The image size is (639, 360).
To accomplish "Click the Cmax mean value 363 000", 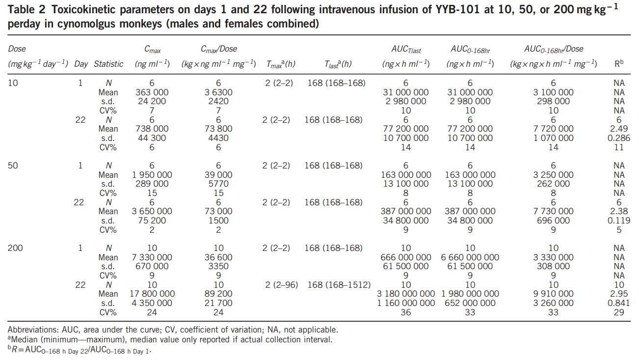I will (152, 92).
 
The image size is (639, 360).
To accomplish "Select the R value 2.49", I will (619, 129).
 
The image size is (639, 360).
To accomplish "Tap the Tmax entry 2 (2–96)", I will (282, 285).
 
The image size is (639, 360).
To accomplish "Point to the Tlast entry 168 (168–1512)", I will (339, 285).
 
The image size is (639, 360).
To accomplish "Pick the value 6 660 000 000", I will (470, 257).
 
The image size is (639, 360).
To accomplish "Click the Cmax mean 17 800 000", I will (152, 294).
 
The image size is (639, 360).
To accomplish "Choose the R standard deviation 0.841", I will (619, 303).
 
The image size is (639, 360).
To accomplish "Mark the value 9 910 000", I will (553, 294).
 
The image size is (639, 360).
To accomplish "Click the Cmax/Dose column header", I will (218, 49).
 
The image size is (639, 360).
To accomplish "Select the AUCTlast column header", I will (406, 49).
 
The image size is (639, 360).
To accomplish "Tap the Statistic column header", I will (108, 64).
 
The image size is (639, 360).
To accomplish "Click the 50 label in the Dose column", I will (13, 166).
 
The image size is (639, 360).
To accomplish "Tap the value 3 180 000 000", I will (406, 294).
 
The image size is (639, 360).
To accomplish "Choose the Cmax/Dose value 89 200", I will (218, 294).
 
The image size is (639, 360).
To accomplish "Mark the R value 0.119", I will (619, 221).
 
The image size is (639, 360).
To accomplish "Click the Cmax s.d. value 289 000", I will (152, 184).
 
